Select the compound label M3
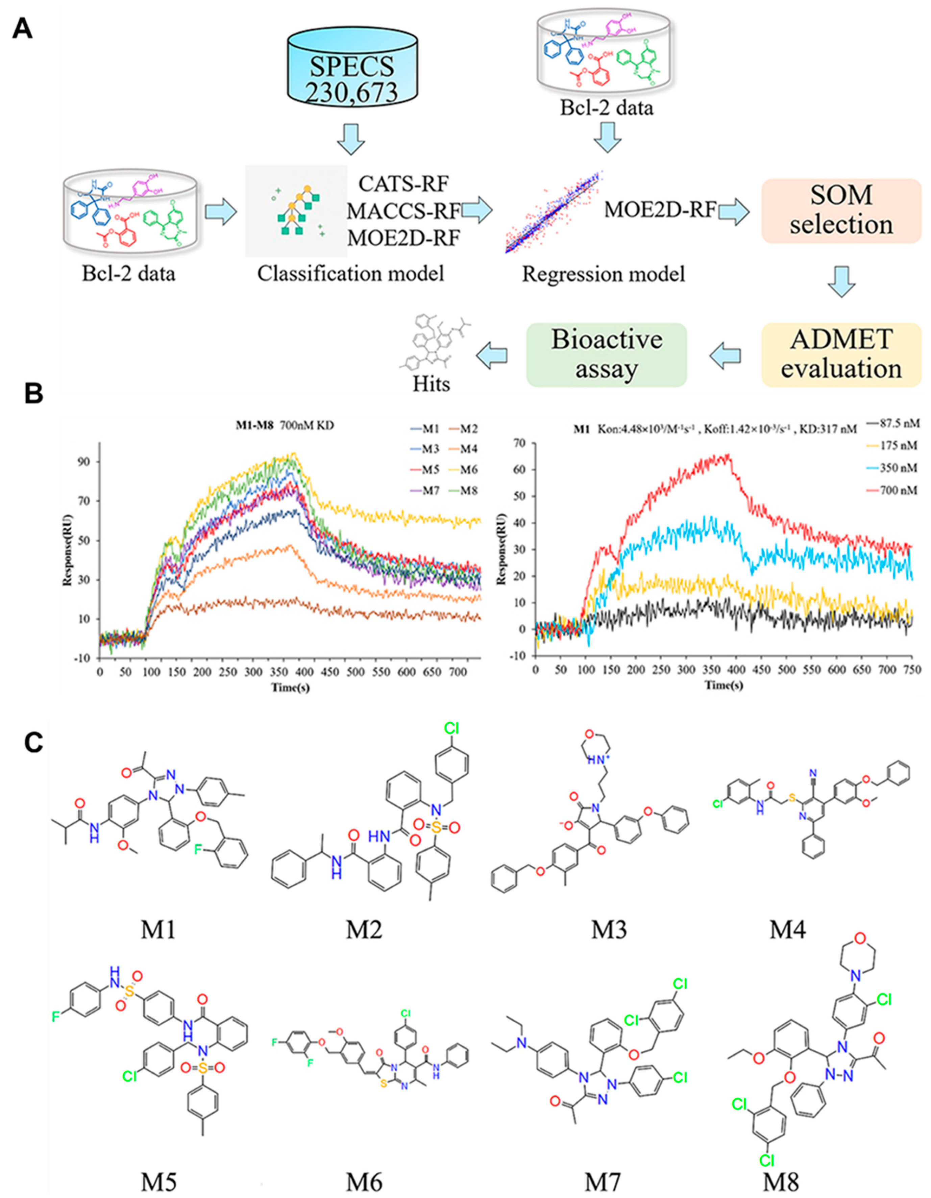tap(608, 930)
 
